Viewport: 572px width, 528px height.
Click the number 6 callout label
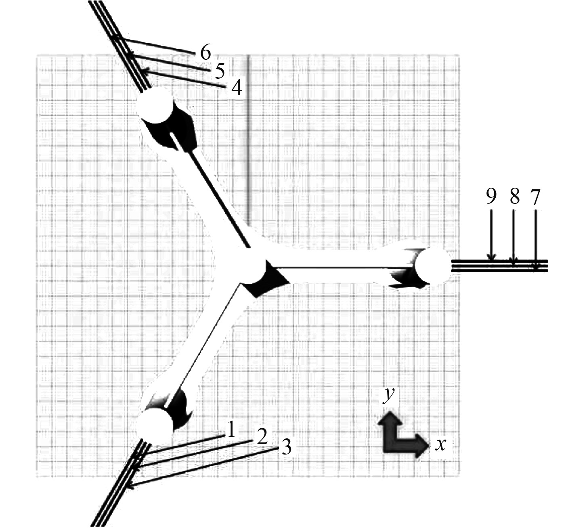(x=205, y=52)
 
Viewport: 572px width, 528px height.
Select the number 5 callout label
(x=219, y=71)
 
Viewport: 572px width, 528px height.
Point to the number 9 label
(x=491, y=198)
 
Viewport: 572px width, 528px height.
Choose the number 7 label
(x=535, y=198)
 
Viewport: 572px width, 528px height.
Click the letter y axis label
(x=389, y=394)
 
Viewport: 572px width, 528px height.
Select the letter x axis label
(x=441, y=444)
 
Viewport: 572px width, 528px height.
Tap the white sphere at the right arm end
(x=432, y=265)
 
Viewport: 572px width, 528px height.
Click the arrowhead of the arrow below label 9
(x=491, y=258)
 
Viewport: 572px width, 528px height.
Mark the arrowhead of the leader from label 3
(x=130, y=486)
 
